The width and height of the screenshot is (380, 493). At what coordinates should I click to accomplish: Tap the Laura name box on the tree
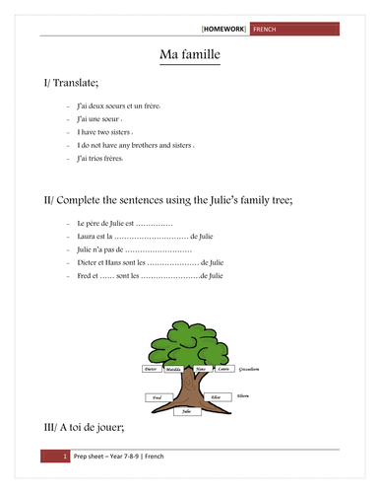[x=225, y=370]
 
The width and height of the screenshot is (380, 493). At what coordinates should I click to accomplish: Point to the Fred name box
[x=155, y=397]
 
